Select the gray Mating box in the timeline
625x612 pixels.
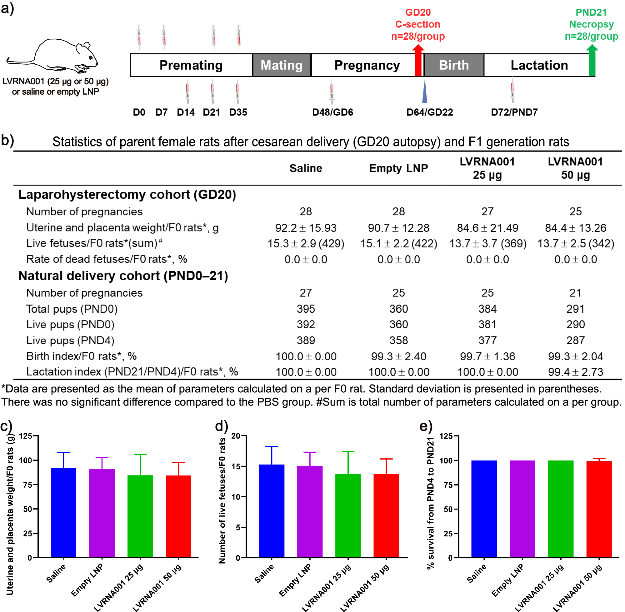point(282,65)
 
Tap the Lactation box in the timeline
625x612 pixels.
point(539,65)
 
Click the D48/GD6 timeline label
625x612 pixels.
point(332,112)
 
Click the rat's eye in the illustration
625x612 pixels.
point(91,57)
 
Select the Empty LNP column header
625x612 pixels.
point(398,168)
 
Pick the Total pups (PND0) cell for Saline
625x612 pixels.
point(306,309)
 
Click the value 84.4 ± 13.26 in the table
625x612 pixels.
point(576,228)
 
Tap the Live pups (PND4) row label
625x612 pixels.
point(70,341)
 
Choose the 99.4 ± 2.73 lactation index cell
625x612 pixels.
point(576,372)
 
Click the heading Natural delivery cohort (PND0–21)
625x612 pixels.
point(123,276)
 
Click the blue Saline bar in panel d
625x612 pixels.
point(272,511)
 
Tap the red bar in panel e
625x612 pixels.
point(599,510)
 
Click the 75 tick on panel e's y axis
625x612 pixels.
point(448,485)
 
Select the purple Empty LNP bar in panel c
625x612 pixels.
point(102,513)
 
